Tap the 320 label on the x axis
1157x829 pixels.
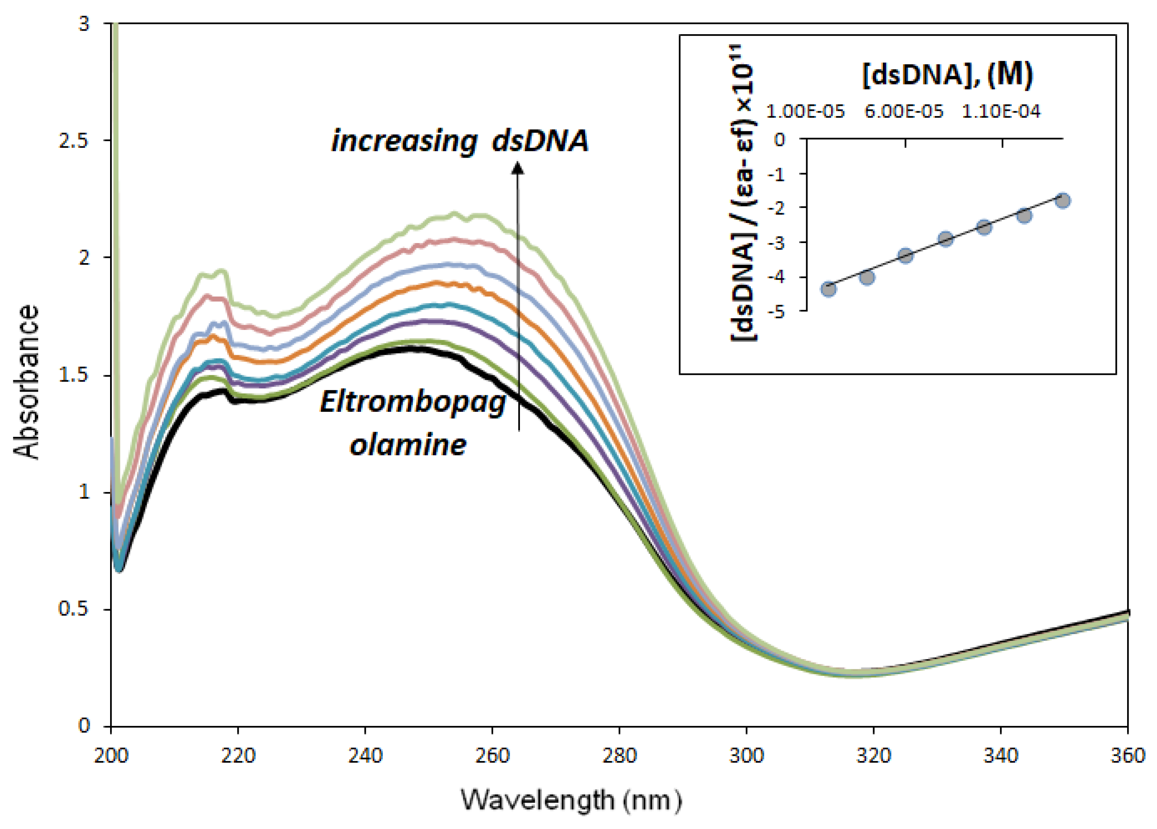[873, 755]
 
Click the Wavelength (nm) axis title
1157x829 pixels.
[571, 800]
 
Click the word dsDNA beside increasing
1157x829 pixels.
[540, 141]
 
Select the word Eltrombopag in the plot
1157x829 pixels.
[412, 403]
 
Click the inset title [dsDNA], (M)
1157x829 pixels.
[947, 75]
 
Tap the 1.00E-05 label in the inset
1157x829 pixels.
[805, 111]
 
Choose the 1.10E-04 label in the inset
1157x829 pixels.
[1001, 111]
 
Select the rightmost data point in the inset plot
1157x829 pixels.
[1063, 201]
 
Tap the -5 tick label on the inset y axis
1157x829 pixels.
[780, 311]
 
